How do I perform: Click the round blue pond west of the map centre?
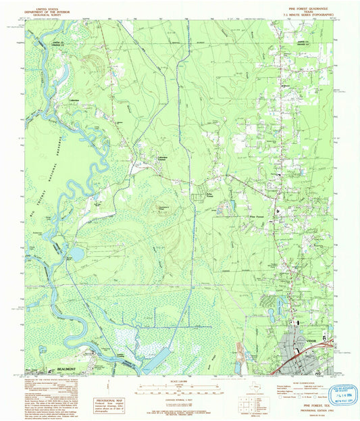pos(78,253)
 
